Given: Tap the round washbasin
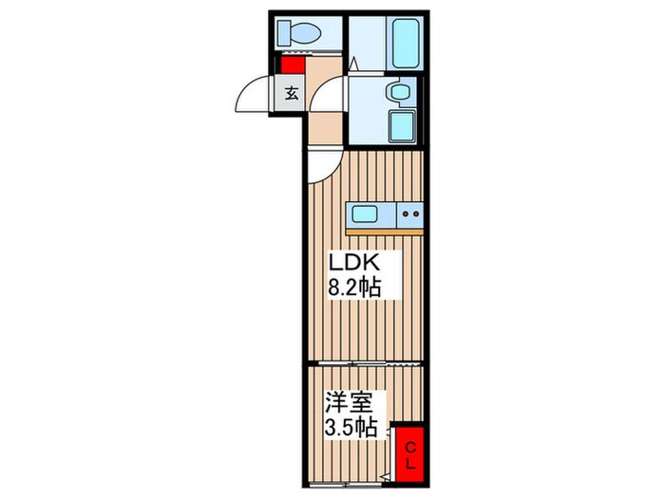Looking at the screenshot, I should point(399,91).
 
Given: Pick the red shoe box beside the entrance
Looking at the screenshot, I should point(291,65).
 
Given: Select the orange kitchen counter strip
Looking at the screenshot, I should point(384,231).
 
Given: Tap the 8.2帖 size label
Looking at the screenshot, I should point(355,288).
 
